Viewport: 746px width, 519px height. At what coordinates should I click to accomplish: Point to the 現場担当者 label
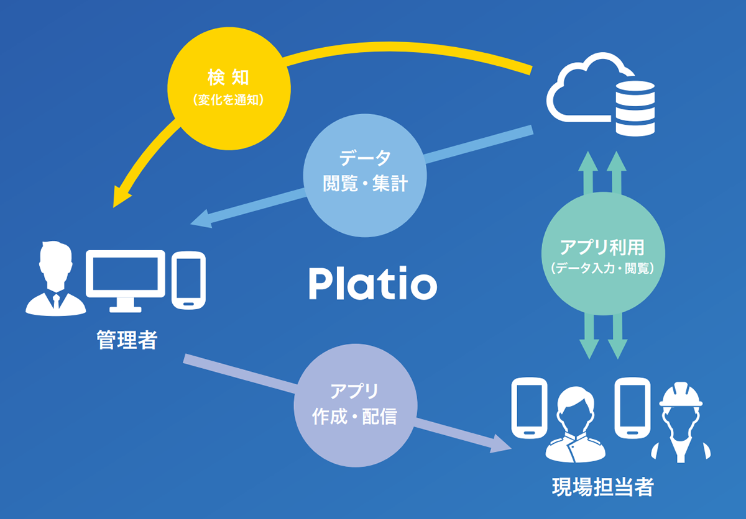pos(602,487)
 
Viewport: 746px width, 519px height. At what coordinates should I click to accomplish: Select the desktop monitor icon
pos(125,280)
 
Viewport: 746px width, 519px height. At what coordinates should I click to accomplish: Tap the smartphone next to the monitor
pos(188,281)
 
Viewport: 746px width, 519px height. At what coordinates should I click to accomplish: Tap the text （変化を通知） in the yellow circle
pos(228,99)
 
